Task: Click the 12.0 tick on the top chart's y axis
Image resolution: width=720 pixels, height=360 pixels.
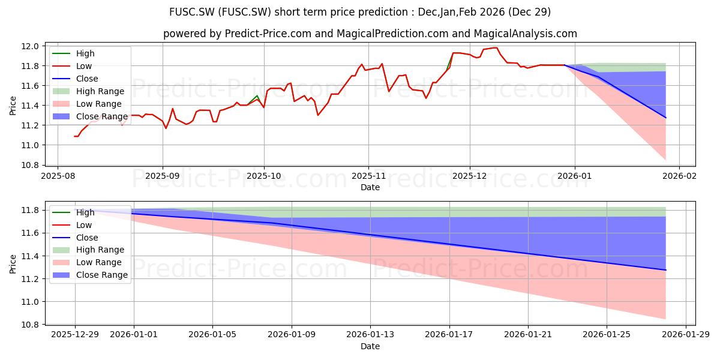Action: click(30, 46)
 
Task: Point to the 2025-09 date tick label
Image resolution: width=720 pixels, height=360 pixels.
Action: click(163, 176)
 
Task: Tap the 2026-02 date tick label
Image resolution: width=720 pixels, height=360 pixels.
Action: click(679, 176)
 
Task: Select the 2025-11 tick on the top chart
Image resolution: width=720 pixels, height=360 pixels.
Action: click(368, 176)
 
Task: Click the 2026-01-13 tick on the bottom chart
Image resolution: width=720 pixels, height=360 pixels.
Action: click(370, 334)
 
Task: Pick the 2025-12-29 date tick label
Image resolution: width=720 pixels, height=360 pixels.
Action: click(75, 334)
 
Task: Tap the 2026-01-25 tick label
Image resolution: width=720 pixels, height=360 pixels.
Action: click(607, 334)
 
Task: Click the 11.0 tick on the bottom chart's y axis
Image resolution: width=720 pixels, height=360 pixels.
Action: click(30, 302)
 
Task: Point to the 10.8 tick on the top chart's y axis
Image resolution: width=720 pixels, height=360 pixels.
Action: click(30, 165)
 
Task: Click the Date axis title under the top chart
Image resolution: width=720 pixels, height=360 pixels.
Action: click(370, 187)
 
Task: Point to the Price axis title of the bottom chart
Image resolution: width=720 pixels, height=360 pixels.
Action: click(13, 264)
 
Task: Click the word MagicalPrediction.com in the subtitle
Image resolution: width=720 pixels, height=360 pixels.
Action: click(392, 34)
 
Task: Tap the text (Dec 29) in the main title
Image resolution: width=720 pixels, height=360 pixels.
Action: click(529, 12)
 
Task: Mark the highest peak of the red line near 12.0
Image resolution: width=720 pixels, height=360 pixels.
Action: click(497, 47)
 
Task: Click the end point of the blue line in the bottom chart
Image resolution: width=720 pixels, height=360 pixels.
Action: click(665, 270)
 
